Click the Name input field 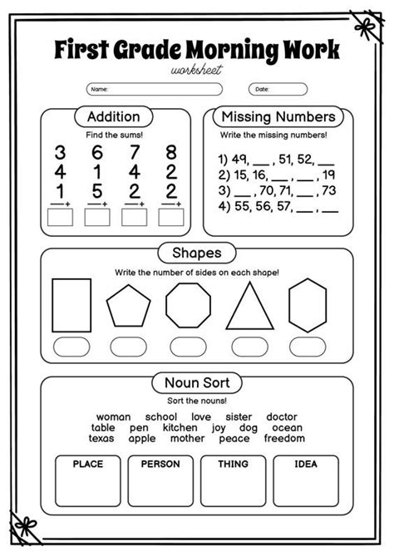pos(154,89)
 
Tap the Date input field pos(278,89)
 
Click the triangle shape pos(249,308)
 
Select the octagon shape pos(188,306)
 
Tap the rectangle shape pos(71,305)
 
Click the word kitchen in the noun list pos(180,427)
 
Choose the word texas pos(101,438)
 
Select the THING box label pos(233,464)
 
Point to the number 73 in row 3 pos(328,189)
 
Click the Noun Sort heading pos(196,383)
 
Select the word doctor pos(282,416)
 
